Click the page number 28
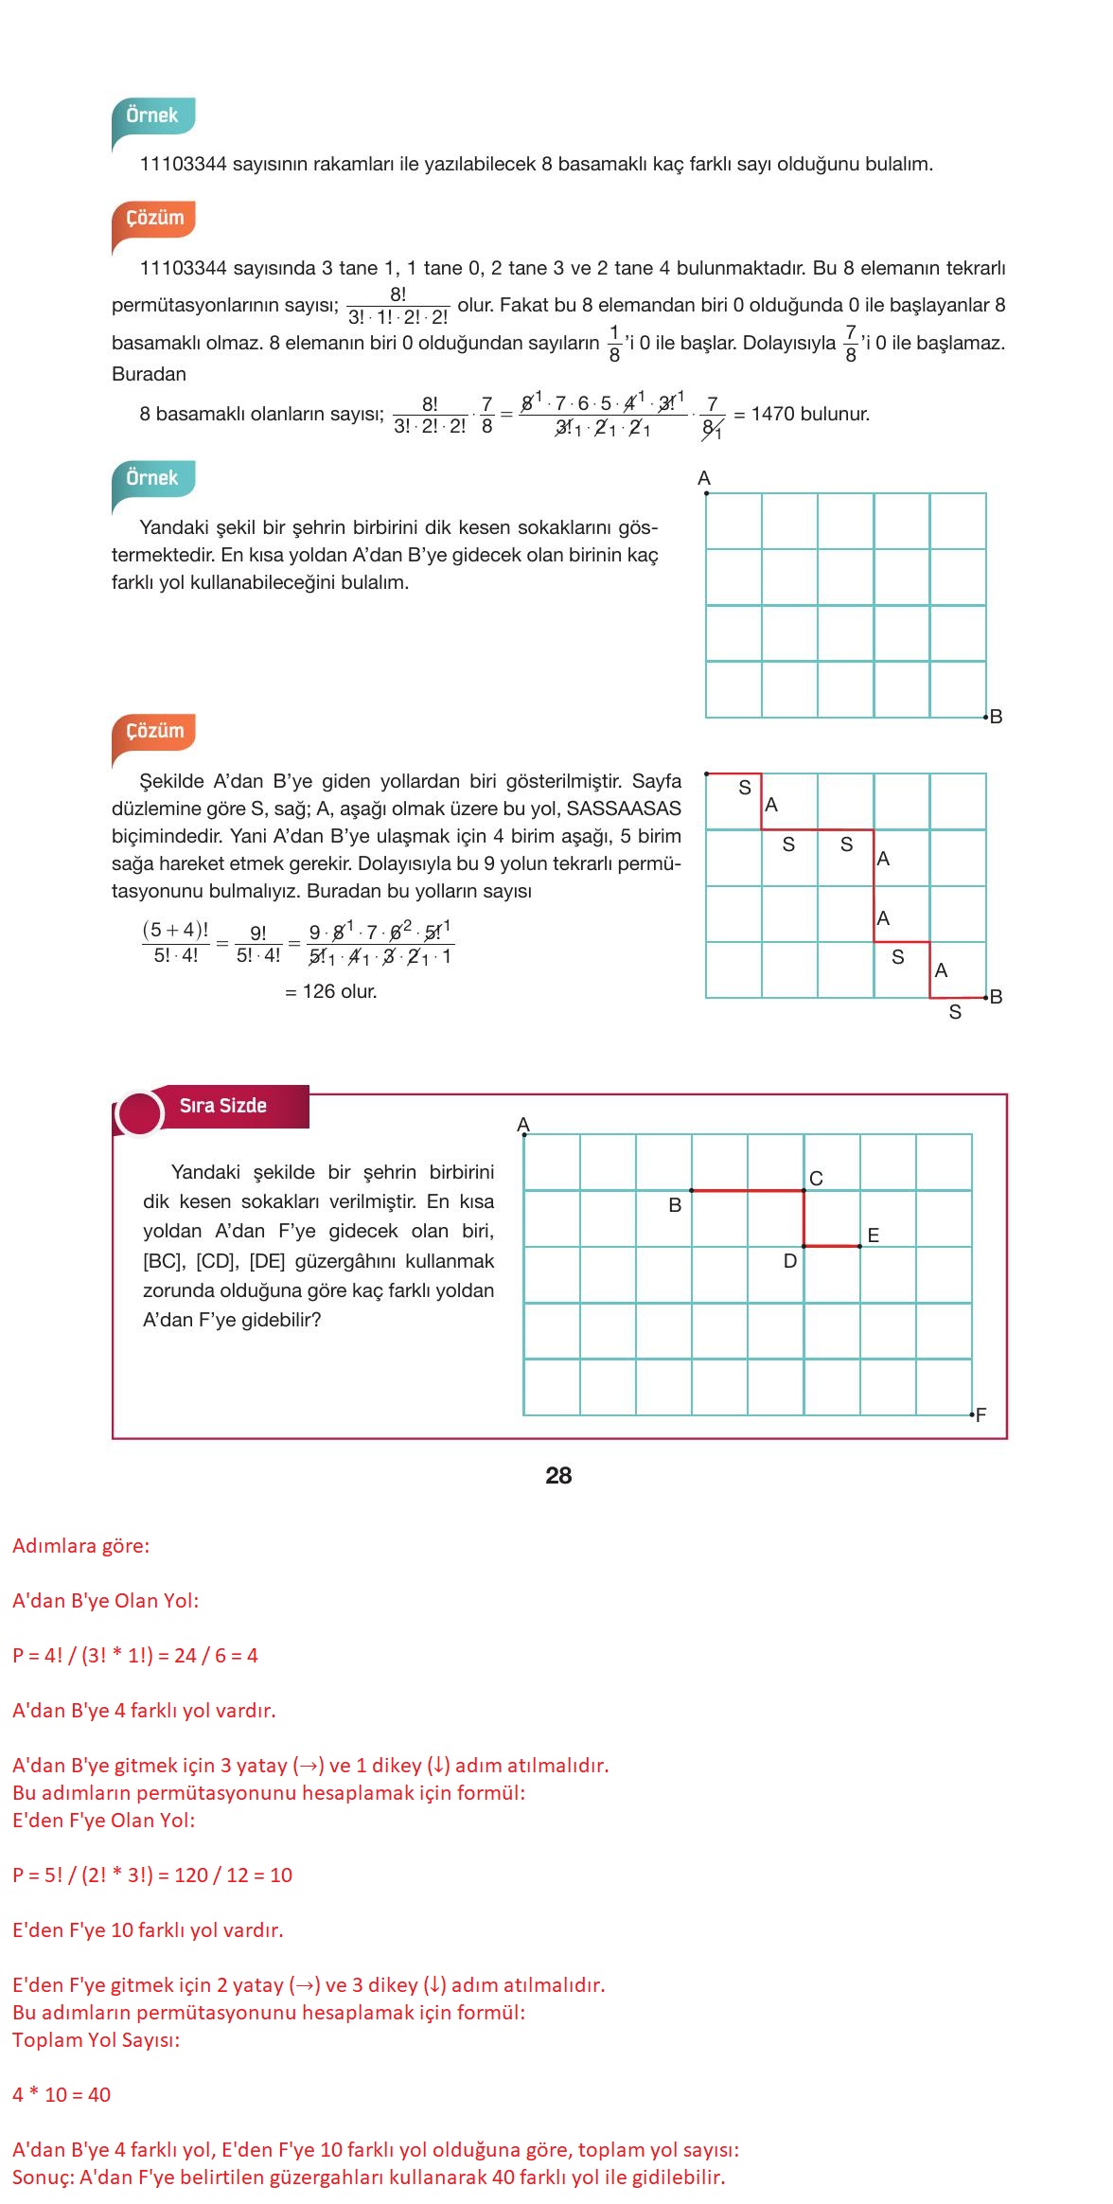tap(558, 1475)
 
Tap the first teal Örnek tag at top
tap(152, 116)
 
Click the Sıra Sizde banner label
tap(223, 1105)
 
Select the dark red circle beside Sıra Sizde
tap(139, 1112)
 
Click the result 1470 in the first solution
tap(772, 414)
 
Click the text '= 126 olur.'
tap(330, 991)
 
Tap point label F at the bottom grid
tap(980, 1414)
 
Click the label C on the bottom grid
tap(816, 1178)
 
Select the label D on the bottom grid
tap(790, 1261)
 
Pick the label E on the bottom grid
tap(873, 1235)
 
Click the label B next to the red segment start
tap(675, 1205)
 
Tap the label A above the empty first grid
tap(703, 478)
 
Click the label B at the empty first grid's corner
tap(996, 717)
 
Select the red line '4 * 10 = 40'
tap(62, 2094)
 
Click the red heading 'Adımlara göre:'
tap(80, 1545)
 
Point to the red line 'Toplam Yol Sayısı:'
tap(96, 2039)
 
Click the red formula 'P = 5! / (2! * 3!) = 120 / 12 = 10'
tap(152, 1875)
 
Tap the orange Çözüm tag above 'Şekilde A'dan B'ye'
tap(154, 731)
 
